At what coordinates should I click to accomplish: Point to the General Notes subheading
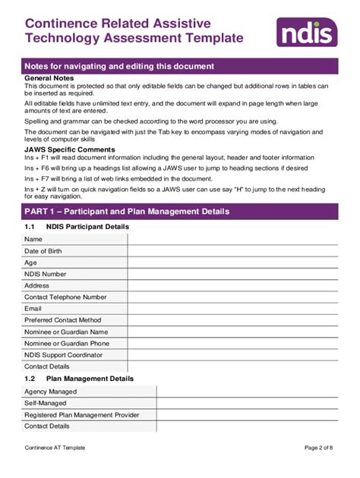point(50,77)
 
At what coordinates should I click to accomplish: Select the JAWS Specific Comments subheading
point(67,150)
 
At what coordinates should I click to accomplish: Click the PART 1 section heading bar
point(179,211)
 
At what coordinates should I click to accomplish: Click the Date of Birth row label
point(43,250)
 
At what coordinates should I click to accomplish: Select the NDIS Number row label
point(46,274)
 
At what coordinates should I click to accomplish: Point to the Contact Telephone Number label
point(65,297)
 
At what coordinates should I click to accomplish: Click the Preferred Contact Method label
point(62,320)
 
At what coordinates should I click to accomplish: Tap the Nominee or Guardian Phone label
point(66,343)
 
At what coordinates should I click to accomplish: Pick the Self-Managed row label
point(47,403)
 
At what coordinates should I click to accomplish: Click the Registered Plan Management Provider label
point(82,414)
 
